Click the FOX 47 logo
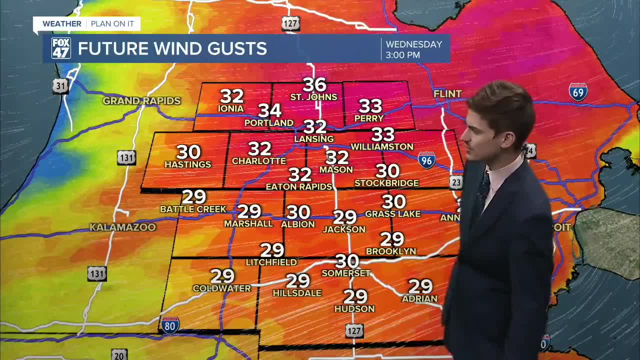coord(61,48)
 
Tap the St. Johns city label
coord(314,97)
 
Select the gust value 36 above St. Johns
coord(314,85)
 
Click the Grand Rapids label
coord(141,101)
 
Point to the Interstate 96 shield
coord(426,160)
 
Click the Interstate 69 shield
coord(578,92)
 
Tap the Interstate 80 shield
coord(170,325)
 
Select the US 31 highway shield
coord(60,86)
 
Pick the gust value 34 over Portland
coord(269,110)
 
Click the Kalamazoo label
coord(122,227)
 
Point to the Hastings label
coord(188,164)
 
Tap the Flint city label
coord(447,94)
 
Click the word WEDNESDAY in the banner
coord(414,44)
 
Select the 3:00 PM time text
coord(403,55)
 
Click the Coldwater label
coord(222,288)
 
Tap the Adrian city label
coord(419,299)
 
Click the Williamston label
coord(382,147)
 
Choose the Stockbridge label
coord(386,183)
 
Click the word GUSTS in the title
coord(237,48)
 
